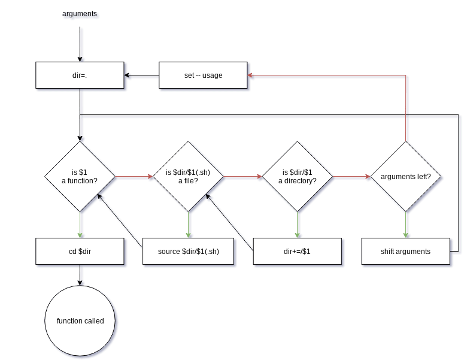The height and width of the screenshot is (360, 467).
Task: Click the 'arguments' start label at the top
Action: [x=80, y=14]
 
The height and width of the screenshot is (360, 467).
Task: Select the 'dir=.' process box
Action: [x=80, y=75]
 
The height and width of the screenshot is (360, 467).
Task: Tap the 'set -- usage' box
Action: [x=203, y=75]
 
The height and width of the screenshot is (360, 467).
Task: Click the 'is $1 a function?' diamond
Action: [x=80, y=177]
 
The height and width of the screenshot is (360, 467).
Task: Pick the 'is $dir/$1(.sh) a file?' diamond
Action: [x=189, y=177]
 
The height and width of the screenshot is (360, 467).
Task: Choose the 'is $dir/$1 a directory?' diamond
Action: [x=298, y=177]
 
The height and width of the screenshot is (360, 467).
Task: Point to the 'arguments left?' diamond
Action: [x=406, y=177]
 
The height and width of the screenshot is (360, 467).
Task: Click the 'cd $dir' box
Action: [x=80, y=252]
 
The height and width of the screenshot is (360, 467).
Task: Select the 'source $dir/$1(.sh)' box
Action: [x=188, y=252]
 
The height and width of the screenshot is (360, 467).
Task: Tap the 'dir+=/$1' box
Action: [x=298, y=252]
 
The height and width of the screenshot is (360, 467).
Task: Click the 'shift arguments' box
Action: [x=405, y=252]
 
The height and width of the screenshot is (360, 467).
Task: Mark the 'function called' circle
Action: [x=80, y=321]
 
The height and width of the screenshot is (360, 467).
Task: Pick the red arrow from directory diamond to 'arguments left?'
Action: [x=351, y=177]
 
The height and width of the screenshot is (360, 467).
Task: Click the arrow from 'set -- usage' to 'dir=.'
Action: [x=142, y=76]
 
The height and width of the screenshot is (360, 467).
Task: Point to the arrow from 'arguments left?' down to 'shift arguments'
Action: [x=406, y=225]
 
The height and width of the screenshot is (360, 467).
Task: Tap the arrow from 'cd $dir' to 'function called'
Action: [x=80, y=274]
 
